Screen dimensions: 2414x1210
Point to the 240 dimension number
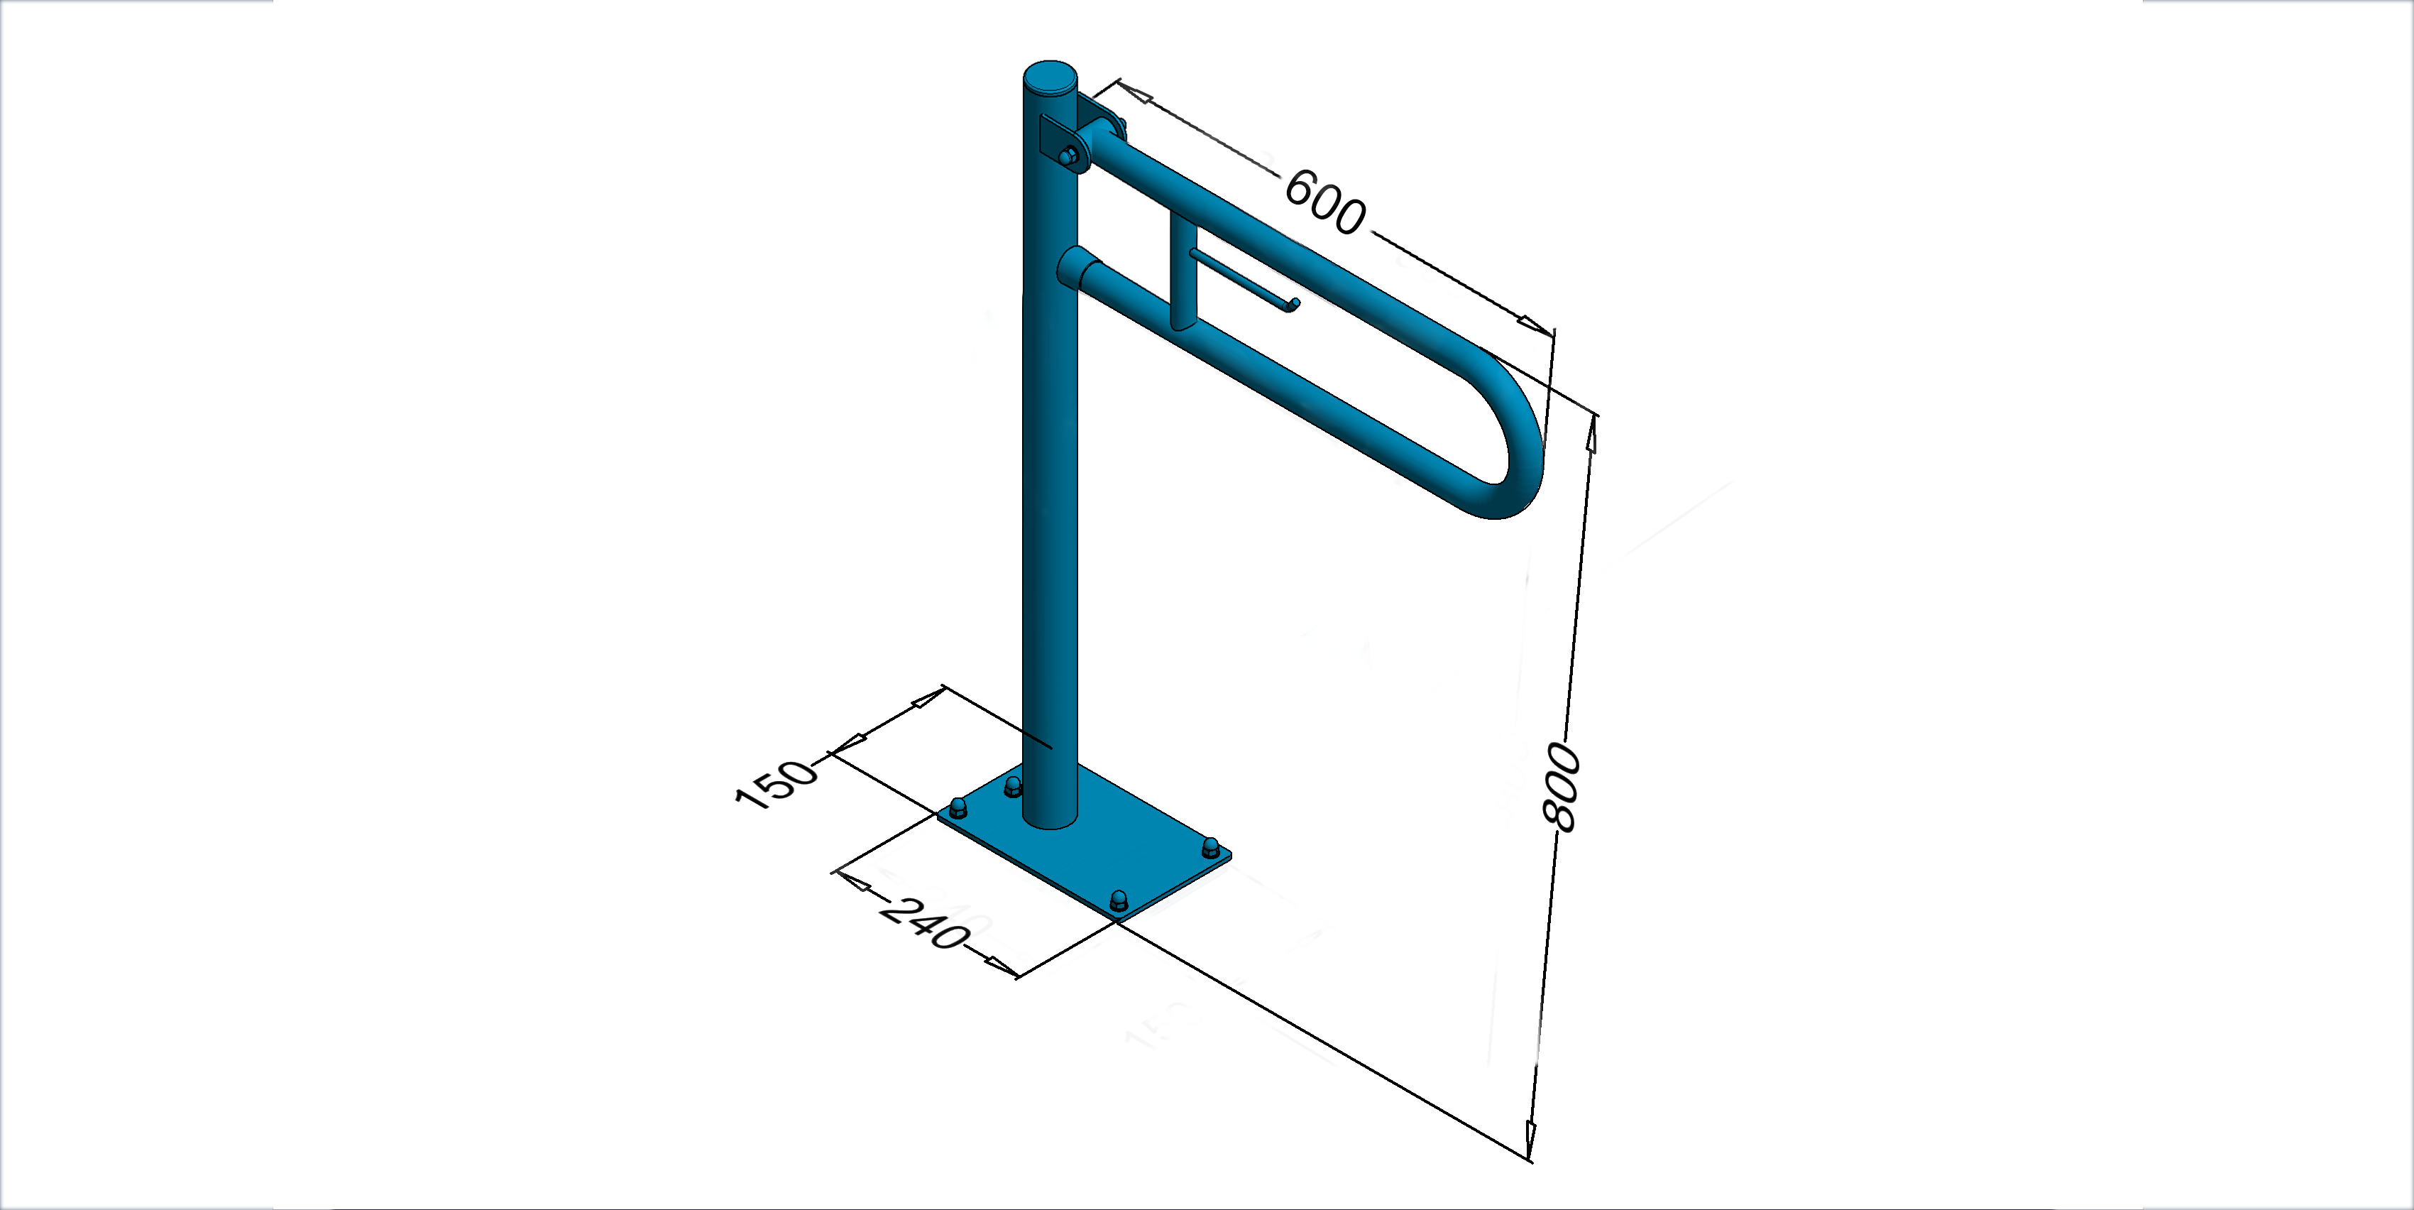pos(923,922)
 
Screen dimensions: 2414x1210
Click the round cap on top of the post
pos(1050,75)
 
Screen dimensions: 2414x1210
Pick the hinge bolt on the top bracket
pos(1068,156)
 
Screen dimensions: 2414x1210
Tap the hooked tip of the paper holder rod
pos(1293,304)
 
